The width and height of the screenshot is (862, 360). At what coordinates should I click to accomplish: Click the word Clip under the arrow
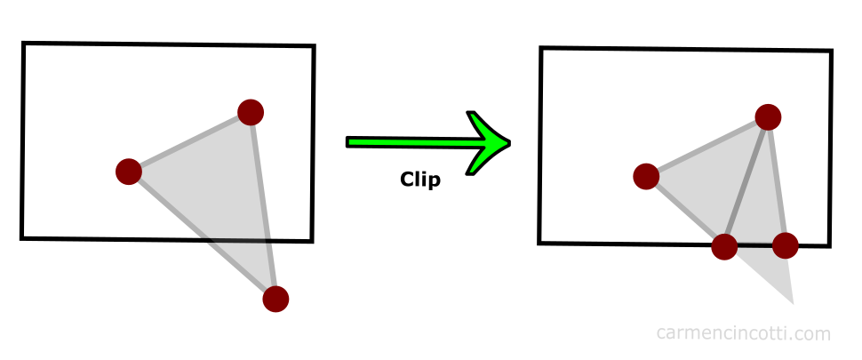pos(420,179)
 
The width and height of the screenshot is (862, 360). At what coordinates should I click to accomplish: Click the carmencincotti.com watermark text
pos(744,333)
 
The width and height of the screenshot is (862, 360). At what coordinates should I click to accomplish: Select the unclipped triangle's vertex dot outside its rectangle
pos(276,299)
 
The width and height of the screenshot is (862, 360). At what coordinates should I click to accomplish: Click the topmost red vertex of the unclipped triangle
pos(251,112)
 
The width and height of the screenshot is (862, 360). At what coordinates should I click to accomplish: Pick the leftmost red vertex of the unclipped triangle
pos(129,171)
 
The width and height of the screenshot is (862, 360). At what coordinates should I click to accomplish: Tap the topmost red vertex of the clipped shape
pos(768,116)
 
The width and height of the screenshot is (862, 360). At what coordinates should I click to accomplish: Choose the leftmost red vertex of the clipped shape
pos(646,176)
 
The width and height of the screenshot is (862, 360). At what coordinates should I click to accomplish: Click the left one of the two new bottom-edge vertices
pos(724,246)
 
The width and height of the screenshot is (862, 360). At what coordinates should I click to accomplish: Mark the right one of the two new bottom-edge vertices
pos(786,244)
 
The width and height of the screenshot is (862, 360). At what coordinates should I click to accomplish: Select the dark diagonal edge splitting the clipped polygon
pos(746,181)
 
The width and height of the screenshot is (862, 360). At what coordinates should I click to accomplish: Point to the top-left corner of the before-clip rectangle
pos(23,44)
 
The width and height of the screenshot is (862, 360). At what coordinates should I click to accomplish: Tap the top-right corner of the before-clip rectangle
pos(313,46)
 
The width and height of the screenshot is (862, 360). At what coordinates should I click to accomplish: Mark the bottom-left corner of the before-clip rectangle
pos(22,237)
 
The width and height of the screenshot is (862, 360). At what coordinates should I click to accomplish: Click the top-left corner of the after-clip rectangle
pos(541,49)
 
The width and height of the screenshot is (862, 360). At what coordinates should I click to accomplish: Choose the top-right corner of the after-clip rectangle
pos(831,52)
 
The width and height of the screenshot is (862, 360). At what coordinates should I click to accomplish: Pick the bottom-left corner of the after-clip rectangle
pos(540,243)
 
